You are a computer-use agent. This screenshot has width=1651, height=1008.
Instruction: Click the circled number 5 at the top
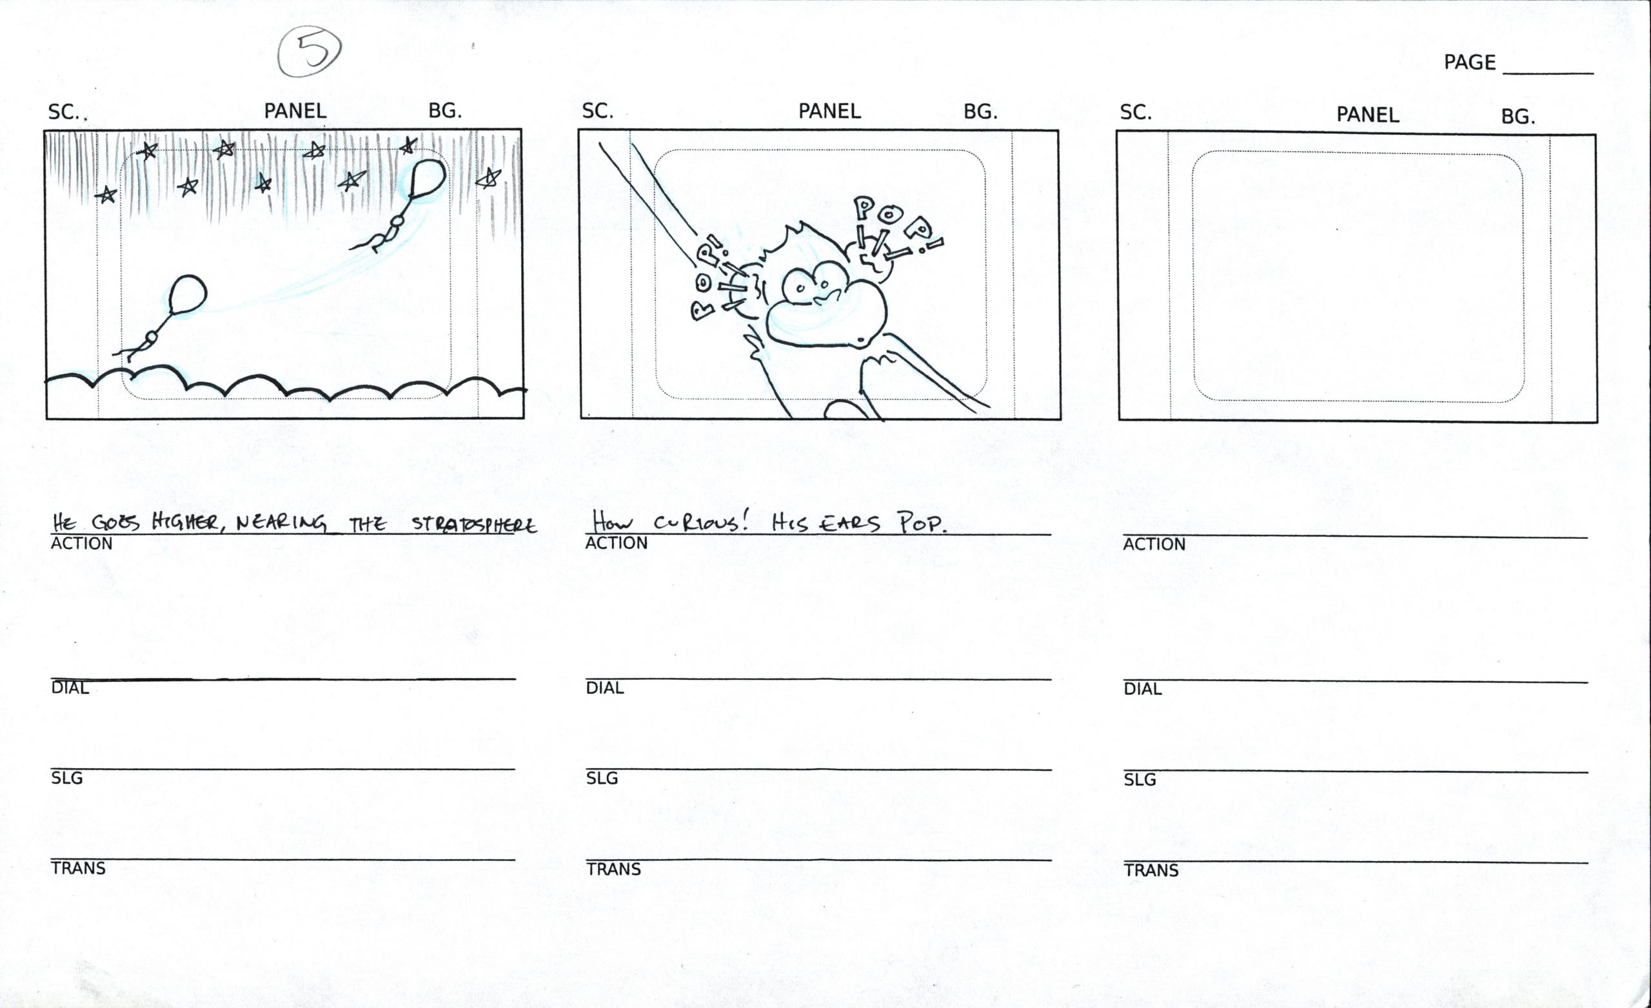click(310, 51)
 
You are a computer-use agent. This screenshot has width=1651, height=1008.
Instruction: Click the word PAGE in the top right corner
click(1469, 63)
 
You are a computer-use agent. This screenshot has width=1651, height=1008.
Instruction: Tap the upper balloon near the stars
click(426, 177)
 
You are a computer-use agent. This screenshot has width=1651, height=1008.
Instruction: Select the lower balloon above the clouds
click(188, 294)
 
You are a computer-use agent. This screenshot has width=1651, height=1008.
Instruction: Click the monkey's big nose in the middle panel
click(825, 314)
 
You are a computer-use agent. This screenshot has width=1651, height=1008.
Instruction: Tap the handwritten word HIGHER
click(184, 522)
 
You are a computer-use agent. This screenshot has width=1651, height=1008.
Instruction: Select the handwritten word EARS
click(850, 523)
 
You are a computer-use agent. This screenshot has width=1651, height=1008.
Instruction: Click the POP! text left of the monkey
click(707, 278)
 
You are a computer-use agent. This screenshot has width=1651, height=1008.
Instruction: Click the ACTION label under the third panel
click(1154, 545)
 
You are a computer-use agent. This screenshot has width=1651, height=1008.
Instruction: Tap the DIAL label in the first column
click(70, 688)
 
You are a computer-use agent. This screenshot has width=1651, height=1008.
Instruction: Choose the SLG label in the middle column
click(602, 779)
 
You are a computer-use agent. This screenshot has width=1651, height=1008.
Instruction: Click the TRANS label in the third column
click(1151, 871)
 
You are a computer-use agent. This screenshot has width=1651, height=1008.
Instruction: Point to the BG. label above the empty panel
click(1518, 117)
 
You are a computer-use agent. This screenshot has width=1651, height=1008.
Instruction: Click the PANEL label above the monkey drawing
click(829, 111)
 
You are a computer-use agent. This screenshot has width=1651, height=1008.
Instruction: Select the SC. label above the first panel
click(64, 112)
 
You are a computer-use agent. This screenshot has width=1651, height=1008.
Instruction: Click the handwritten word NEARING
click(281, 523)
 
